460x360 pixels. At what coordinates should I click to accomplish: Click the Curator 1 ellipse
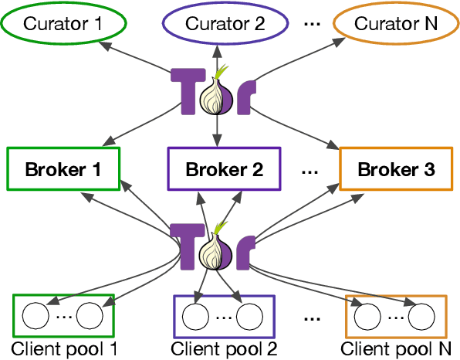click(63, 23)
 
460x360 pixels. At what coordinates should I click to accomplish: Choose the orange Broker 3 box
click(397, 168)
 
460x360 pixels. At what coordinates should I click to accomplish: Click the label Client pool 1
click(64, 348)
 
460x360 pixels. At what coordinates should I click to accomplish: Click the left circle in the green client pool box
click(35, 316)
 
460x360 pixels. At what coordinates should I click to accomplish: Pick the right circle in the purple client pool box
click(250, 316)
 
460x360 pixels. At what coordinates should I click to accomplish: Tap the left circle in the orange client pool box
click(366, 316)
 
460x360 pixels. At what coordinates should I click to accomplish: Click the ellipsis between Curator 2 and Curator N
click(312, 23)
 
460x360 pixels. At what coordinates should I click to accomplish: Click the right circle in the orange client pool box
click(421, 316)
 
